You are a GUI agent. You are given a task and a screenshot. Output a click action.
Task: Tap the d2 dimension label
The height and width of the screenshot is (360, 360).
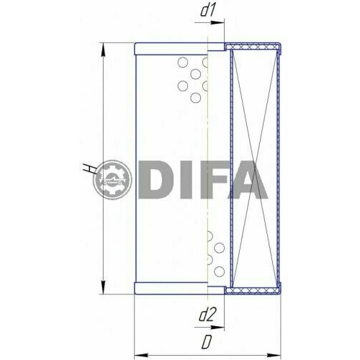click(209, 313)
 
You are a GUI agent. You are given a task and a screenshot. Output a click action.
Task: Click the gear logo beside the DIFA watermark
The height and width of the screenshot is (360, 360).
click(113, 181)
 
